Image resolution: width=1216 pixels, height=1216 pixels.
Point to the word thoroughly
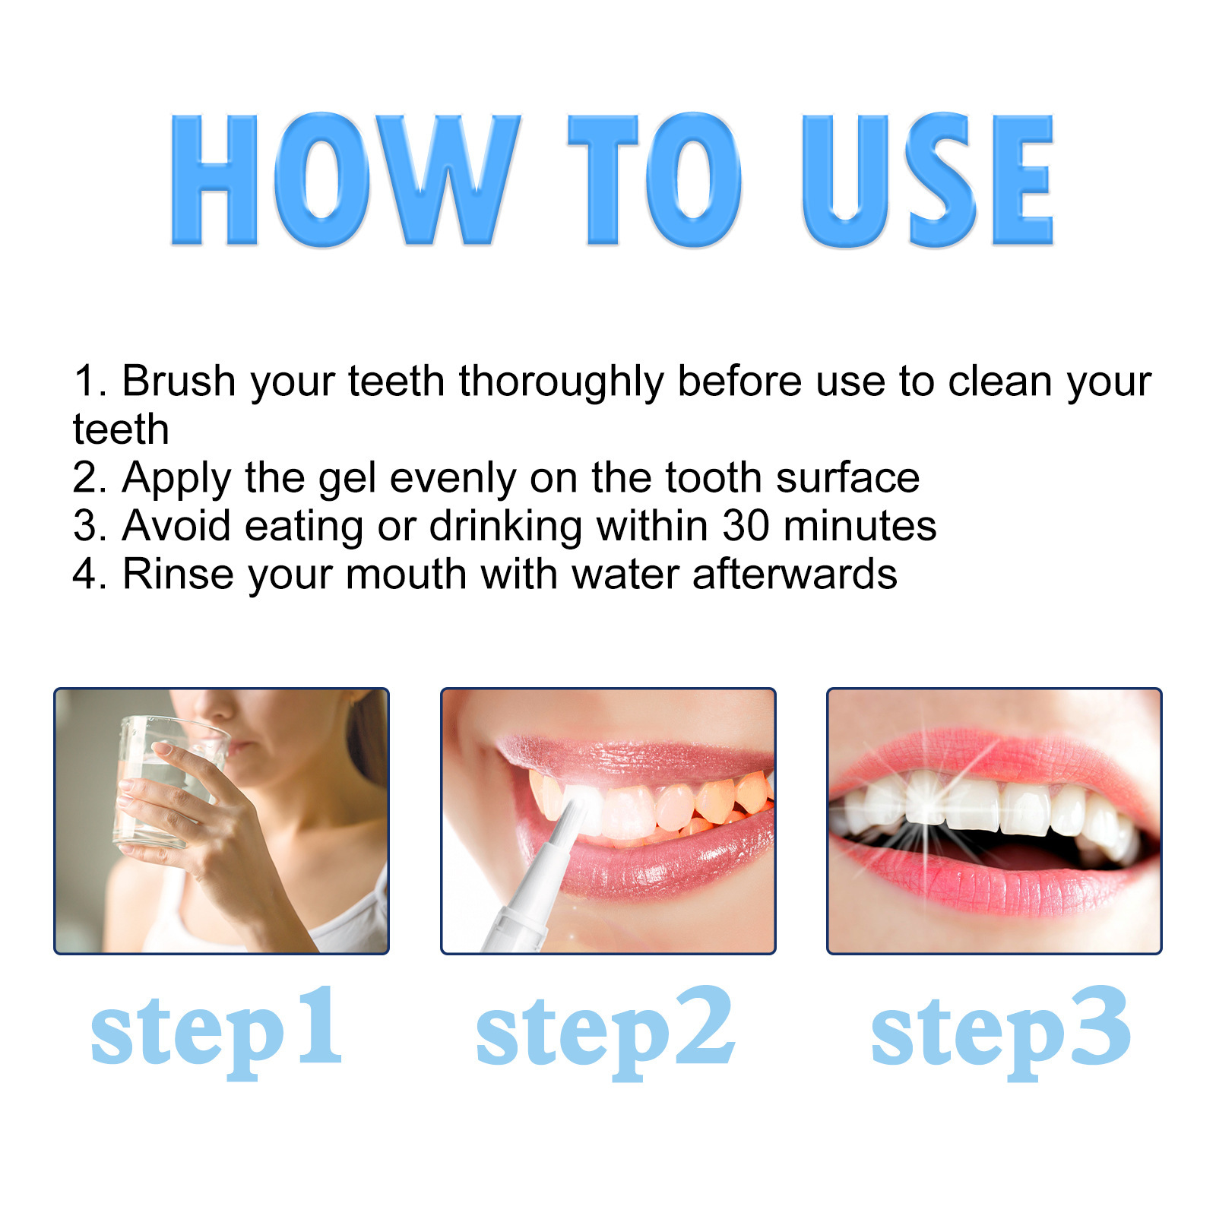point(561,382)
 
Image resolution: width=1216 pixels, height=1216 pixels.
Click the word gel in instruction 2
point(347,479)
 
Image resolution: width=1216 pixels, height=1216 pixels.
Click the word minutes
point(860,525)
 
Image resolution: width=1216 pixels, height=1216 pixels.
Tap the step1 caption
point(217,1030)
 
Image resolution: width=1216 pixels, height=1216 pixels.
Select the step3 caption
point(1000,1030)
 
